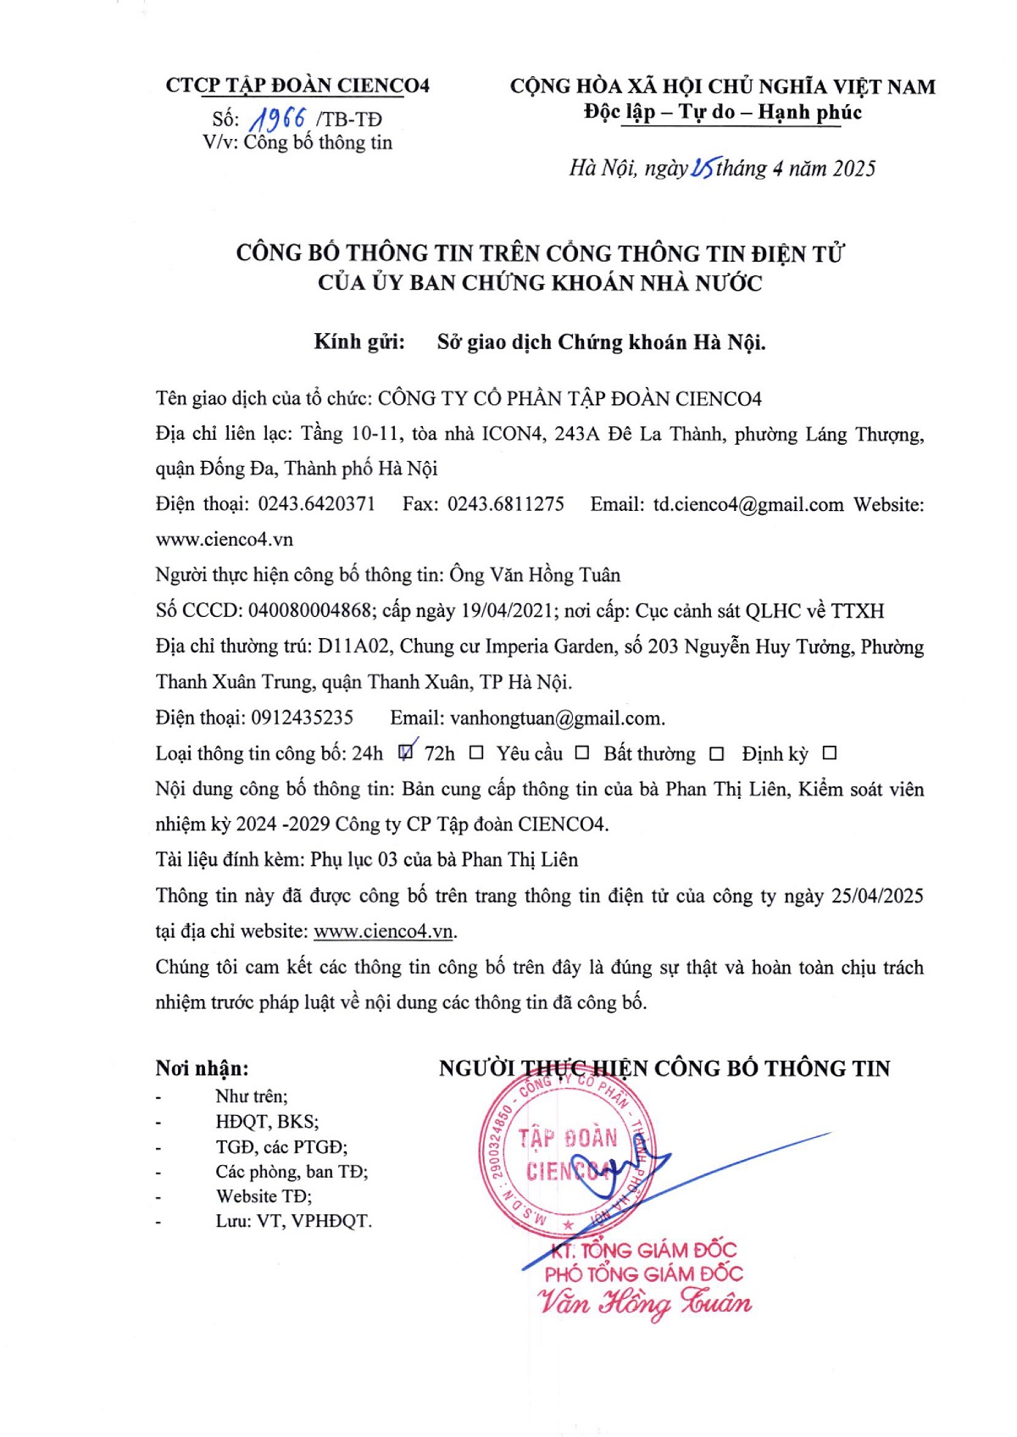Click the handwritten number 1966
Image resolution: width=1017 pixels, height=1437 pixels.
coord(276,120)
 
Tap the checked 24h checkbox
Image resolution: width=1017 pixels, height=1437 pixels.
coord(406,752)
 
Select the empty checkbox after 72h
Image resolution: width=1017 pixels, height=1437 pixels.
coord(476,752)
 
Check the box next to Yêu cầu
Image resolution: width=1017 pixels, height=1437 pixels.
coord(582,752)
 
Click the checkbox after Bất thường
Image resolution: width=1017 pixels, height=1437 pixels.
coord(717,753)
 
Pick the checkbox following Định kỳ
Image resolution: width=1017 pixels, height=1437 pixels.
coord(830,752)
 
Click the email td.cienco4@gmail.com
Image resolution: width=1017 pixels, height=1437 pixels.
coord(748,505)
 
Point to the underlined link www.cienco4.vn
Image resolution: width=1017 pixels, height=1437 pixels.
coord(384,931)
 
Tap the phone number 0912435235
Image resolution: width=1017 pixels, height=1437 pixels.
coord(303,718)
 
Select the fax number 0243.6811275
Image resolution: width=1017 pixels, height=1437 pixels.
coord(506,504)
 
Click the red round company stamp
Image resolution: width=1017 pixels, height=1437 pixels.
coord(566,1155)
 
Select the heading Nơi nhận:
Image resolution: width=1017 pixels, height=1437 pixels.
coord(202,1068)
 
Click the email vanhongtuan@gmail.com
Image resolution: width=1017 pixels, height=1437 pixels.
coord(556,718)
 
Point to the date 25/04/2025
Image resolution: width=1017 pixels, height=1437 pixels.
coord(877,896)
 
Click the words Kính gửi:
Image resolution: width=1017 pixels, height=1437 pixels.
coord(359,342)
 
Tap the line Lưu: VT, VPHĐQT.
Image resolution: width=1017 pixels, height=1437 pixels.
coord(293,1221)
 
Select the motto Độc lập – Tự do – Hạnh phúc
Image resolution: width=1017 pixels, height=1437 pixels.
coord(723,113)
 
